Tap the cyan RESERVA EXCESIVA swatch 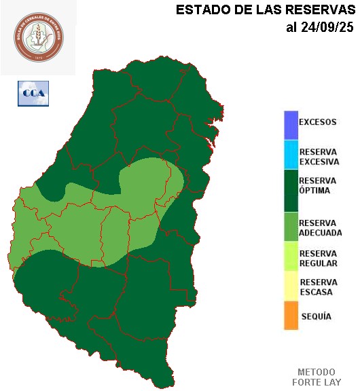291,155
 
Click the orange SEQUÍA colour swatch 291,316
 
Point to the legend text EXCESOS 317,123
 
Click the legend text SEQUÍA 315,317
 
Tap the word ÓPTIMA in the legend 314,191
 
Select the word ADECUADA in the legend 321,232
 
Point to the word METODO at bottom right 317,372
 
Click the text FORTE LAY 317,382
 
